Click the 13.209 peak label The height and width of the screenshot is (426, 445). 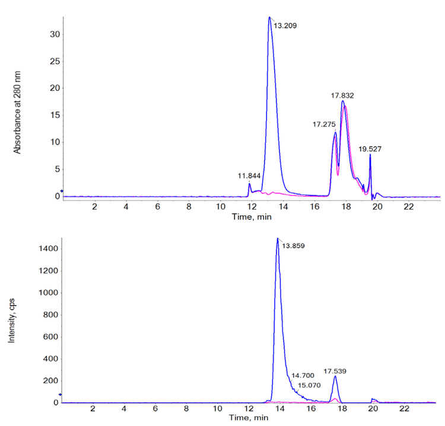(x=284, y=25)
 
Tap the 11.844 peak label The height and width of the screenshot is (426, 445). (x=249, y=176)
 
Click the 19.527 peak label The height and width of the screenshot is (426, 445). (x=370, y=149)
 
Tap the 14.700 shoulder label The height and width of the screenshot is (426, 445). (x=303, y=375)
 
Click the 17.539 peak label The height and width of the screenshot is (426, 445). (x=335, y=371)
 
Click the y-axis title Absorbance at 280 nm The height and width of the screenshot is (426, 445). (x=17, y=112)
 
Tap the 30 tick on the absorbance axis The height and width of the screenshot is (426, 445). (x=54, y=34)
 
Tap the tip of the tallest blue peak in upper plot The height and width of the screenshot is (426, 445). (x=269, y=17)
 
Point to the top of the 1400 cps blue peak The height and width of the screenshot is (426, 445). (x=277, y=239)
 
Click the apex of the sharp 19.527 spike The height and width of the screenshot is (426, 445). (x=370, y=155)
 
